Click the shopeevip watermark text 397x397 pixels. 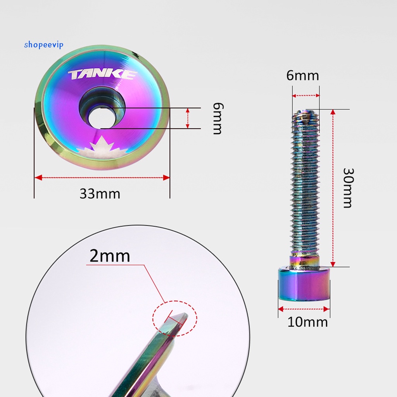pos(43,45)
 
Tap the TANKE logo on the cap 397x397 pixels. pos(102,75)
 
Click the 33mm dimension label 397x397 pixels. pos(100,194)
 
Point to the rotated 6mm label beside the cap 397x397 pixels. pos(218,118)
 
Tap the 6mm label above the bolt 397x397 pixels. pos(302,76)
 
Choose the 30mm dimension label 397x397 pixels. pos(348,188)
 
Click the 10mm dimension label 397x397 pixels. pos(307,322)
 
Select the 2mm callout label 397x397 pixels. pos(110,256)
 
